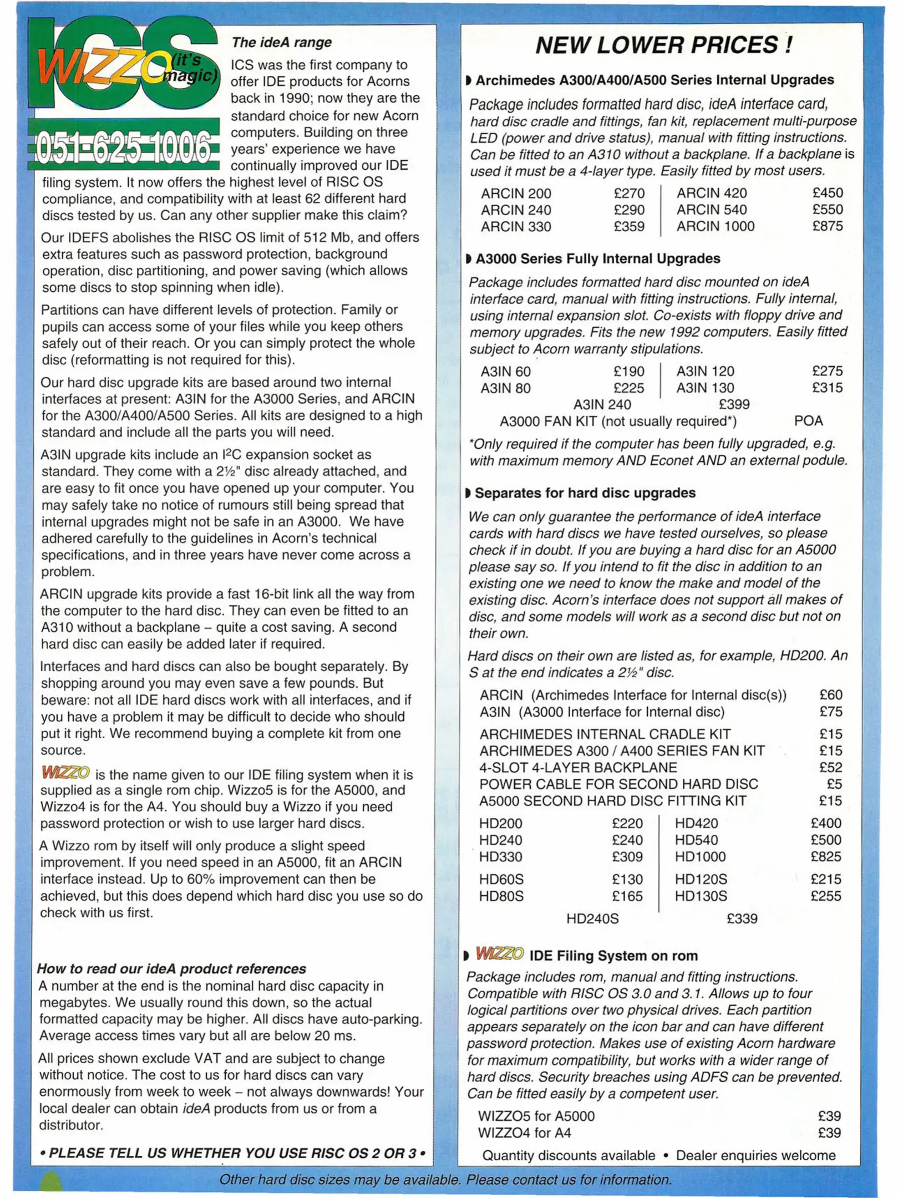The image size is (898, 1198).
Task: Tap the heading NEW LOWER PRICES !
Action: point(663,45)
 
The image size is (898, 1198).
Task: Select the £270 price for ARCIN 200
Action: point(628,194)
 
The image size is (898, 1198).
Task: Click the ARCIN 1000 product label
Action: point(715,226)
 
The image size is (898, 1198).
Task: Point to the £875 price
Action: point(827,226)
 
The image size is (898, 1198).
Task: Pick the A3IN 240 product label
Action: point(602,405)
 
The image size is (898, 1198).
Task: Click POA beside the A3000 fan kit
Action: point(808,422)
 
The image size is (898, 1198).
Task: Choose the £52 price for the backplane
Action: point(830,768)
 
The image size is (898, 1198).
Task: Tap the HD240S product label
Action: point(592,919)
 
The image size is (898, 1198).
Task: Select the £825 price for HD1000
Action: point(825,857)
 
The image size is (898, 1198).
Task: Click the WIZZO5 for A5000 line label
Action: point(536,1116)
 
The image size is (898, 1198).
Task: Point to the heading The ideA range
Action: point(282,43)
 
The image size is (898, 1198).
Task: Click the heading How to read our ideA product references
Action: point(171,969)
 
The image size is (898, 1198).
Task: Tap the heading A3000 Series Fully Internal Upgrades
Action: point(597,259)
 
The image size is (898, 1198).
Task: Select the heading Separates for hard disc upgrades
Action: point(585,493)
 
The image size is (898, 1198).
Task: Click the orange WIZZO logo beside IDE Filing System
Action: point(499,954)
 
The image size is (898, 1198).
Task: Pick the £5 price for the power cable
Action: point(834,784)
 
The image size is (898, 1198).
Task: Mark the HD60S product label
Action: point(501,880)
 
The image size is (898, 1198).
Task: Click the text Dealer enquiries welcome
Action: point(755,1156)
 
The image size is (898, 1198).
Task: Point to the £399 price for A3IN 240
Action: point(734,405)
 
